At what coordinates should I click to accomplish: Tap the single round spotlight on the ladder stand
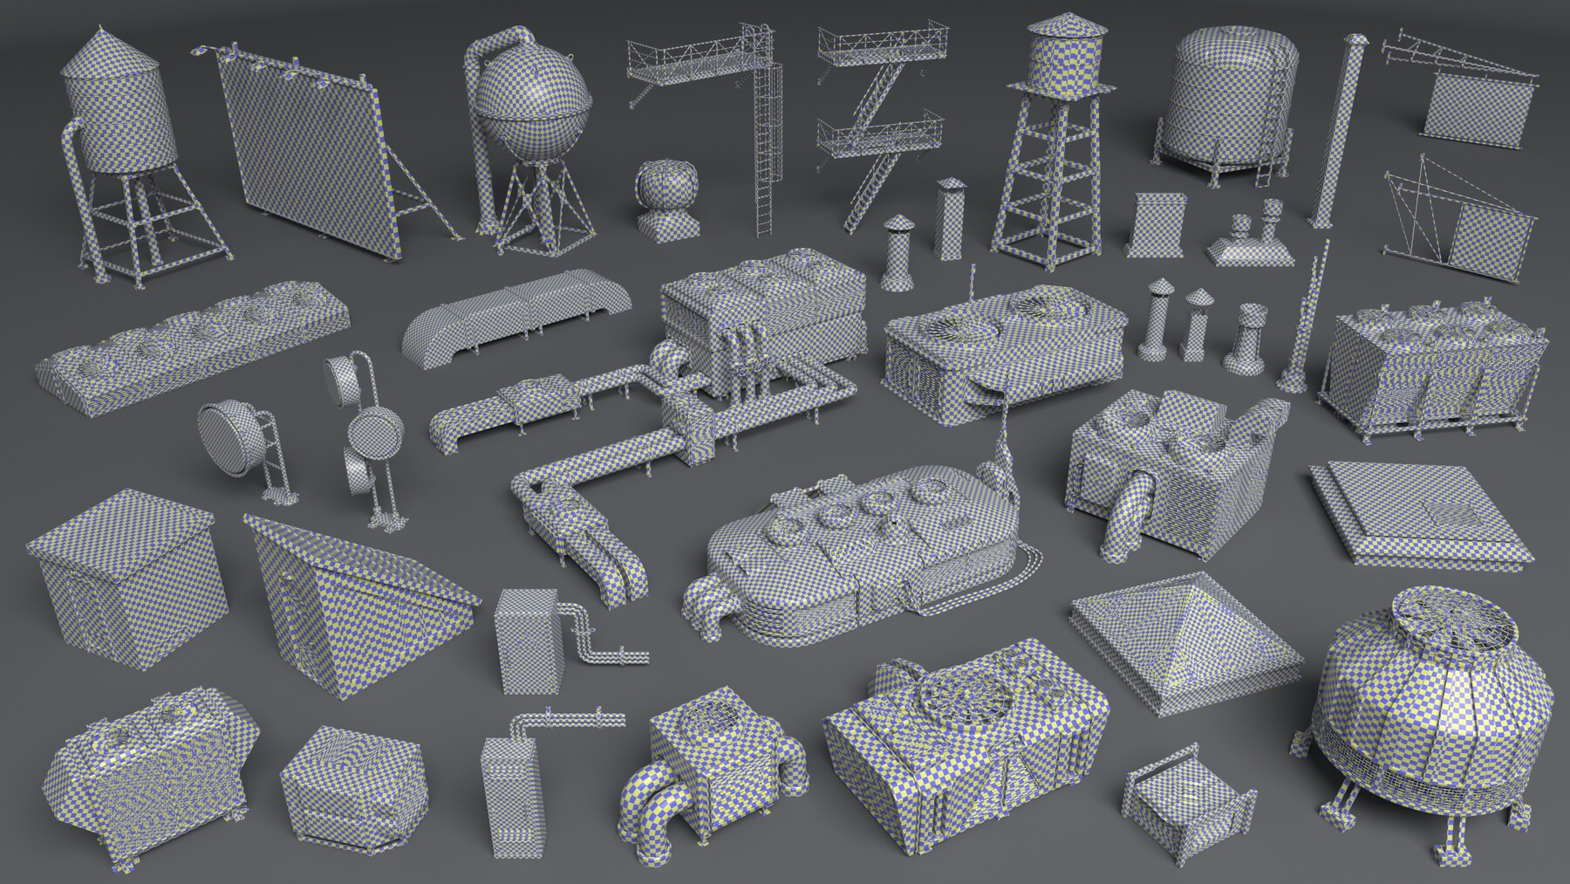point(229,436)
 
